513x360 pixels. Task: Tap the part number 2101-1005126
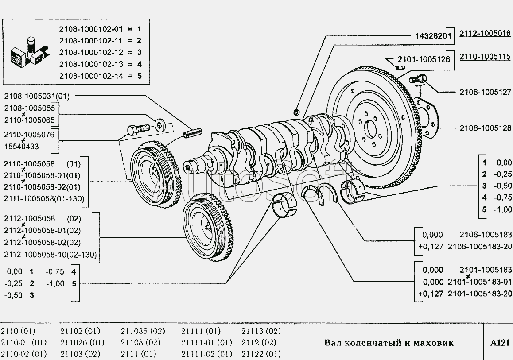[x=424, y=59]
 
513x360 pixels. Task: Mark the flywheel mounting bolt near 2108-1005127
[x=416, y=80]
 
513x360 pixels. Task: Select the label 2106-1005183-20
[x=480, y=246]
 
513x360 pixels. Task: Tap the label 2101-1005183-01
[x=480, y=282]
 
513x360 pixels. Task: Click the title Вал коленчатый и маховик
[x=389, y=343]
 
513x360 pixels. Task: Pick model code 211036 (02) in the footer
[x=143, y=331]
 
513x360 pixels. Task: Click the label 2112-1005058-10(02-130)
[x=50, y=255]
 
